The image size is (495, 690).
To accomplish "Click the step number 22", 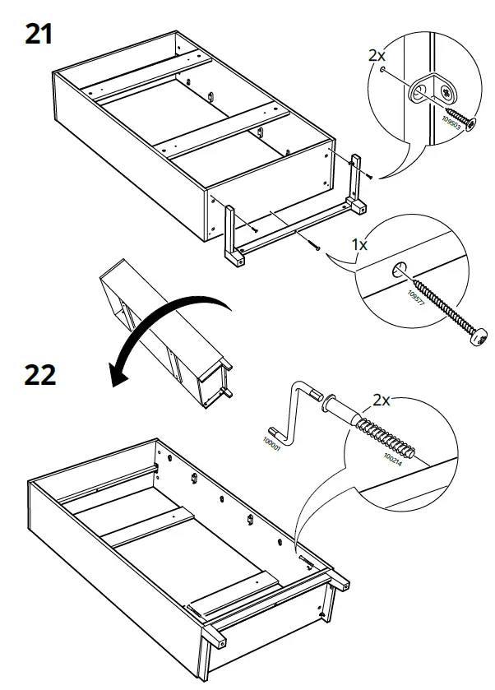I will tap(39, 373).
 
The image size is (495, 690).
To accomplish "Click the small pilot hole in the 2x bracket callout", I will tap(384, 71).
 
